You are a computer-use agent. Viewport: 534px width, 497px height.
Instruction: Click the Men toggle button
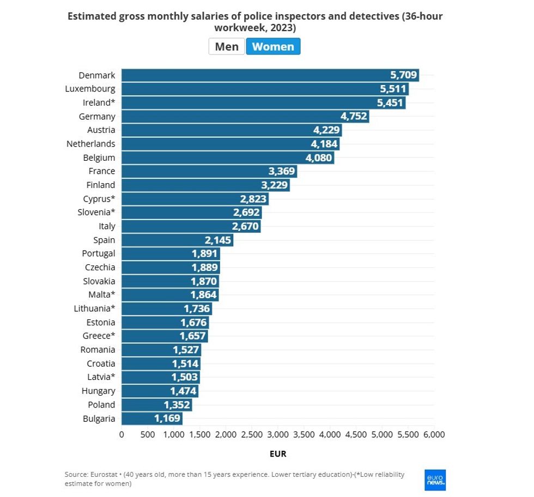[227, 46]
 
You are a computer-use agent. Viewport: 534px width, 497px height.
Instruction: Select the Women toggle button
[273, 46]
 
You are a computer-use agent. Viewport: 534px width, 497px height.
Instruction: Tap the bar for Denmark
[270, 75]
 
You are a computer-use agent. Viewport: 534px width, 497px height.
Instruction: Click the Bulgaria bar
[151, 419]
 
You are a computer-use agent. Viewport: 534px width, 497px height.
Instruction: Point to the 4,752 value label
[354, 116]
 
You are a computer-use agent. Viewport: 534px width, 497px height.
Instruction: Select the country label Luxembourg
[90, 89]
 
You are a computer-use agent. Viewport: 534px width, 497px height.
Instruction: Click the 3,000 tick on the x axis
[277, 435]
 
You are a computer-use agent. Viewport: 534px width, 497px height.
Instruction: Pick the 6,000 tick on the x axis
[434, 435]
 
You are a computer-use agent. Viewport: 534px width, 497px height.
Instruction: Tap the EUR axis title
[278, 453]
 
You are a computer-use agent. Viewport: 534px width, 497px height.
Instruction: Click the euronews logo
[435, 480]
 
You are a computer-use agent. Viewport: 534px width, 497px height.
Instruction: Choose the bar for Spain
[177, 240]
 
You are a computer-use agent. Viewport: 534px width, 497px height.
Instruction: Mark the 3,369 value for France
[282, 171]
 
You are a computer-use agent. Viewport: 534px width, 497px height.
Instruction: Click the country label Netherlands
[91, 144]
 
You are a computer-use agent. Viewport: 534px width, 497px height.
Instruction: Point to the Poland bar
[156, 404]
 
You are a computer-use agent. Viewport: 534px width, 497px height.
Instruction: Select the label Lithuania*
[95, 308]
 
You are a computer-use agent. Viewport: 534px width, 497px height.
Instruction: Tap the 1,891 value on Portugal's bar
[204, 253]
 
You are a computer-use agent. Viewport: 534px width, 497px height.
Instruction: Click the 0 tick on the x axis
[122, 435]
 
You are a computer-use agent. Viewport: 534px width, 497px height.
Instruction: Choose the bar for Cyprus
[195, 199]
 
